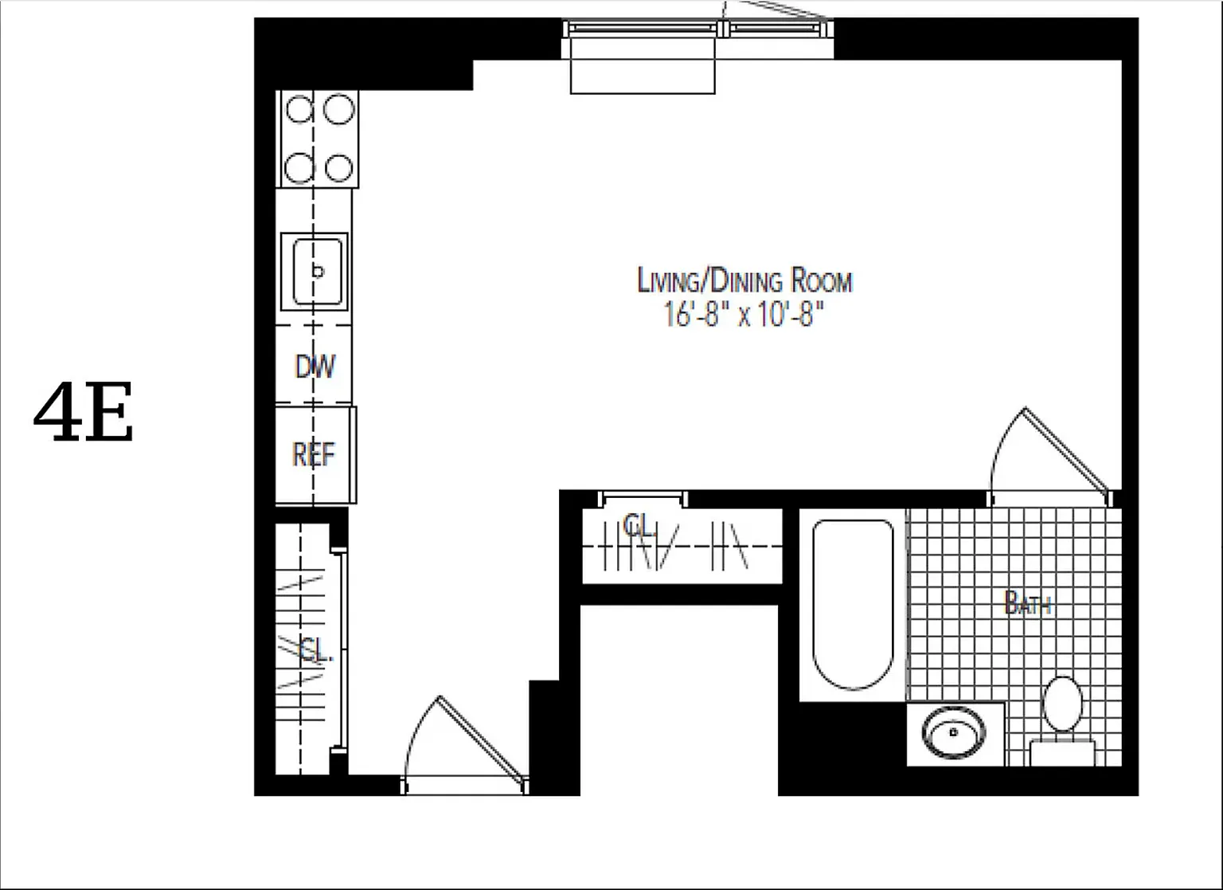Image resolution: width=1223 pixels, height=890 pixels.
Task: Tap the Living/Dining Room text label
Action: coord(744,281)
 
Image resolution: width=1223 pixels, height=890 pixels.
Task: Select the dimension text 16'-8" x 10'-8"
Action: coord(742,316)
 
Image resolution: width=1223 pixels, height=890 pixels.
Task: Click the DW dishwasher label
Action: coord(315,367)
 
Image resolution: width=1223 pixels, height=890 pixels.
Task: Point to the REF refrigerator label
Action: coord(314,454)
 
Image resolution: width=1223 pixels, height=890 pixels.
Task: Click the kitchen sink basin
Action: coord(318,271)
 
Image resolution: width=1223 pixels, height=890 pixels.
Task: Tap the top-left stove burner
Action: coord(299,109)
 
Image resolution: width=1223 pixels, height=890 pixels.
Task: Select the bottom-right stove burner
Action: coord(339,168)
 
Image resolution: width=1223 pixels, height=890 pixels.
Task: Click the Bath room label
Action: coord(1028,604)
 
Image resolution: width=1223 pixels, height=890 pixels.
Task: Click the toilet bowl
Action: coord(1062,703)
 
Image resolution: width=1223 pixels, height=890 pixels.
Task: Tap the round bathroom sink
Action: coord(952,731)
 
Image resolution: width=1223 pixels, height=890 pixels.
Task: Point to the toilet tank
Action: coord(1062,752)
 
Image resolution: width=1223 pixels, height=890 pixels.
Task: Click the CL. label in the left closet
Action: coord(315,651)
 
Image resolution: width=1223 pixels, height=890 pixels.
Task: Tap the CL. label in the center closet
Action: coord(639,525)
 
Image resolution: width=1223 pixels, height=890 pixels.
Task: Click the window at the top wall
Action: coord(697,29)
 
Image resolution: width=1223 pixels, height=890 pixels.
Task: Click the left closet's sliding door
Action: coord(342,649)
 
